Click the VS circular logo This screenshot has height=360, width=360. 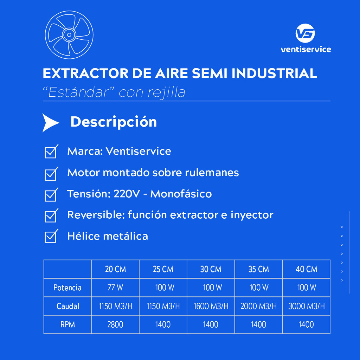(x=305, y=33)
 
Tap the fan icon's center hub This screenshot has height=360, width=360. (x=69, y=35)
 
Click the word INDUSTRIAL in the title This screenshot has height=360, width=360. (x=274, y=73)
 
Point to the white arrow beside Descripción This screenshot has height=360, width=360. (x=51, y=123)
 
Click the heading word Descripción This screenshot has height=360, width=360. (x=114, y=122)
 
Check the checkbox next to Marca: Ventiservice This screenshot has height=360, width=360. (x=51, y=152)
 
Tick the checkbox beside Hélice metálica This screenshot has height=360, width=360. (x=51, y=236)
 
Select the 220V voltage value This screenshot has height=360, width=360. (x=127, y=194)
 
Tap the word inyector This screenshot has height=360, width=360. (x=252, y=216)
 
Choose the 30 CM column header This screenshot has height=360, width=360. (x=211, y=269)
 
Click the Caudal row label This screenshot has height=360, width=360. (x=68, y=306)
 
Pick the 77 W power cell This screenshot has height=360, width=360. (x=115, y=288)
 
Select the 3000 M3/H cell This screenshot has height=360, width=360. (x=307, y=306)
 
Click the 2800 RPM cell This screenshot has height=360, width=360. (x=115, y=324)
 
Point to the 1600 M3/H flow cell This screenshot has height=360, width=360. (x=211, y=306)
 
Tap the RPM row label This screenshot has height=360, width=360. (x=68, y=324)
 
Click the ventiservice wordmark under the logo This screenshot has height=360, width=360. (x=306, y=49)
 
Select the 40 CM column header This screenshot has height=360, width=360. (x=307, y=269)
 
